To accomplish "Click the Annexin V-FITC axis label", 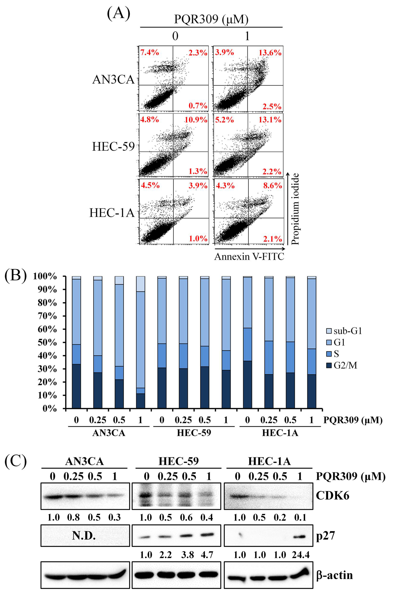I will [x=249, y=257].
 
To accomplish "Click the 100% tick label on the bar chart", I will [x=45, y=276].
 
